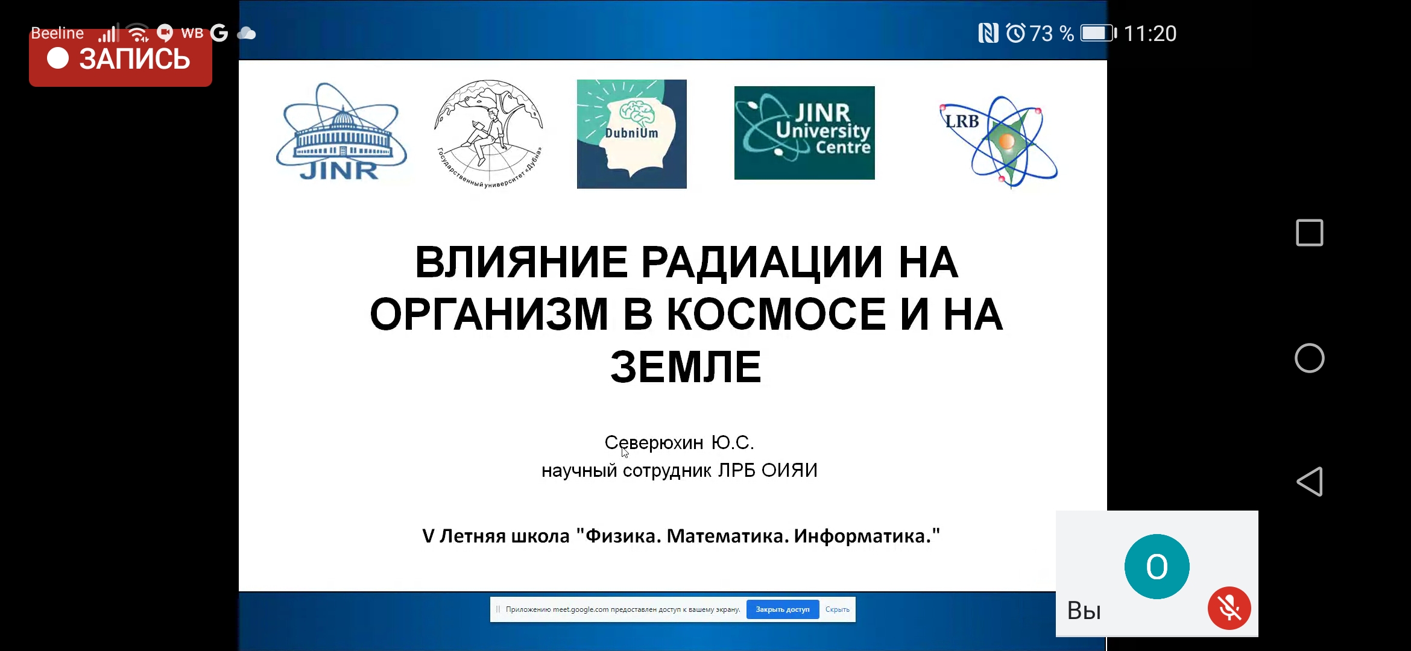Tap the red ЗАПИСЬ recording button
pyautogui.click(x=121, y=58)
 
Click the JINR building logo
pyautogui.click(x=341, y=132)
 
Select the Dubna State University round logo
pyautogui.click(x=489, y=133)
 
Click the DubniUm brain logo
pyautogui.click(x=631, y=134)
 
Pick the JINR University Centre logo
pyautogui.click(x=804, y=133)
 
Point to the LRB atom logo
pyautogui.click(x=999, y=142)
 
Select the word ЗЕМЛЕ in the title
pyautogui.click(x=686, y=367)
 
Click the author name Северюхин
pyautogui.click(x=654, y=443)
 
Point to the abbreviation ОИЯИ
pyautogui.click(x=789, y=470)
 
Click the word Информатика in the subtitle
pyautogui.click(x=863, y=536)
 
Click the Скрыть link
pyautogui.click(x=837, y=609)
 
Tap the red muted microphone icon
pyautogui.click(x=1229, y=608)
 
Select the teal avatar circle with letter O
pyautogui.click(x=1157, y=567)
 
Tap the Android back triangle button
pyautogui.click(x=1310, y=482)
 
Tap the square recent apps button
pyautogui.click(x=1310, y=233)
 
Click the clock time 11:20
pyautogui.click(x=1150, y=34)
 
